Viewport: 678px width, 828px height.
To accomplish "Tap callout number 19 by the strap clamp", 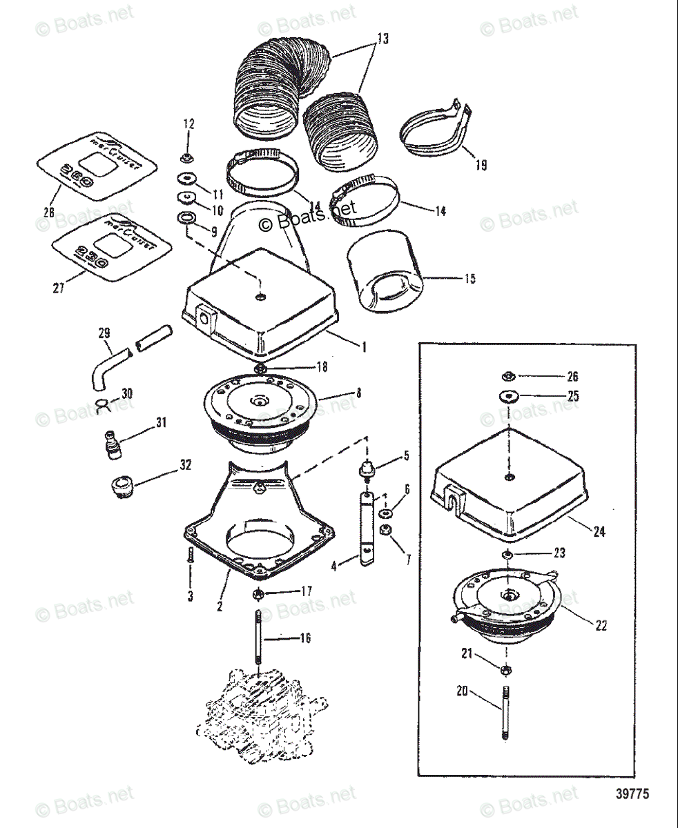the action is coord(481,165).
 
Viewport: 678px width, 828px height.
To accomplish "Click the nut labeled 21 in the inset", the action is coord(505,669).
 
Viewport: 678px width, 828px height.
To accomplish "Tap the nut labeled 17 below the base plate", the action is coord(259,593).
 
